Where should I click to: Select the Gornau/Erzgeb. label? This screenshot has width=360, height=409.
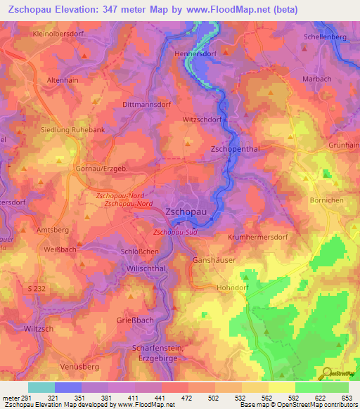coord(99,169)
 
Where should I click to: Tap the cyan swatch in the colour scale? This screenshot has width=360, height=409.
coord(41,387)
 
